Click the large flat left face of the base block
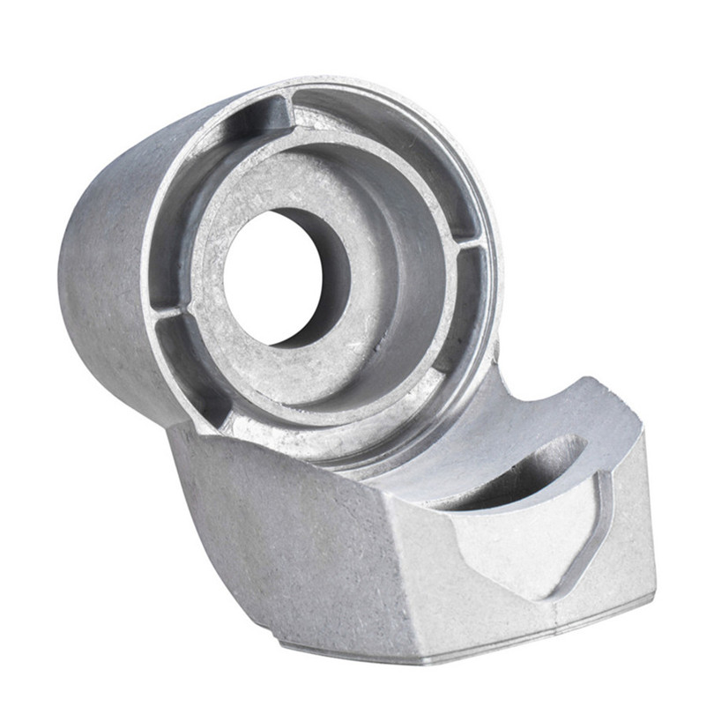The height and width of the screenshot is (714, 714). tap(282, 529)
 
